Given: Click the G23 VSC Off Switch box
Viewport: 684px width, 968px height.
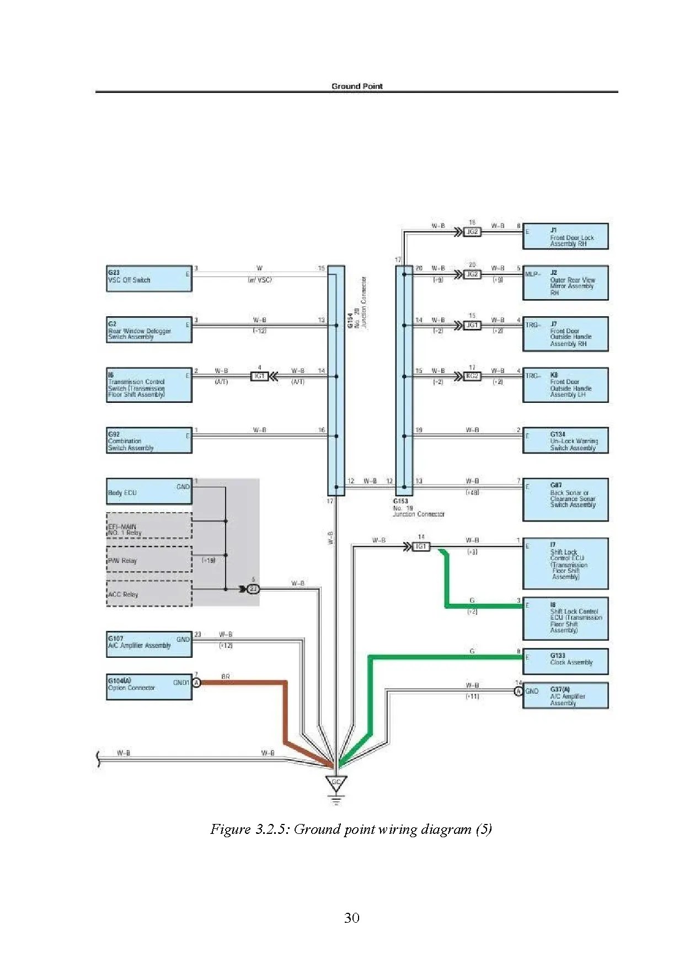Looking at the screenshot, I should coord(149,278).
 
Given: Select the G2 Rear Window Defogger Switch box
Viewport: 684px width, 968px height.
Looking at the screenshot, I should coord(149,329).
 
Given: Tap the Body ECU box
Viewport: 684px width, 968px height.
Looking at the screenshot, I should coord(149,491).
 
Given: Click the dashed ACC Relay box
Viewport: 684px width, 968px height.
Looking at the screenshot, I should coord(149,593).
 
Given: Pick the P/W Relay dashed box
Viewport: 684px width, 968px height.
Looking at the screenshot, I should coord(149,560).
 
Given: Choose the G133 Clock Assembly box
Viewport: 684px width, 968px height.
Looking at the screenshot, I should coord(565,661).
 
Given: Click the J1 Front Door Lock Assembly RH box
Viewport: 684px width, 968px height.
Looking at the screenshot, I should coord(565,237).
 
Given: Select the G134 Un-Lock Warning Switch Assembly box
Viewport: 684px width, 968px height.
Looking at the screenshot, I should coord(565,440).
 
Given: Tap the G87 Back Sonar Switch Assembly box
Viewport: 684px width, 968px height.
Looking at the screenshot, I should coord(565,499).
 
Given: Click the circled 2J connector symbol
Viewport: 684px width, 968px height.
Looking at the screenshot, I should coord(253,589).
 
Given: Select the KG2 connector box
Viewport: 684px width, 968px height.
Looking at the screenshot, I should coord(473,376).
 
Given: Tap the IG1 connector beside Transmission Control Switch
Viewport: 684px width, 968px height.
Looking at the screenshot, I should coord(259,376).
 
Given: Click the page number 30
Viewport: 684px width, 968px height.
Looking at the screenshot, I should coord(351,918).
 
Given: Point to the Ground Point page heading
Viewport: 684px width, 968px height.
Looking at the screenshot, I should coord(357,86).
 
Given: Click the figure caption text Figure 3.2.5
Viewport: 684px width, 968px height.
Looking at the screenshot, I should coord(351,829).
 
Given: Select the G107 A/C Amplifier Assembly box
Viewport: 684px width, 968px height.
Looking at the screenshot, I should coord(149,644).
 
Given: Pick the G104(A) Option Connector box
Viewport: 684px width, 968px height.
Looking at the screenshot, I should coord(149,687).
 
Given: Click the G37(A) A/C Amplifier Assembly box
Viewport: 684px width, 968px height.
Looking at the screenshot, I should coord(565,695).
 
